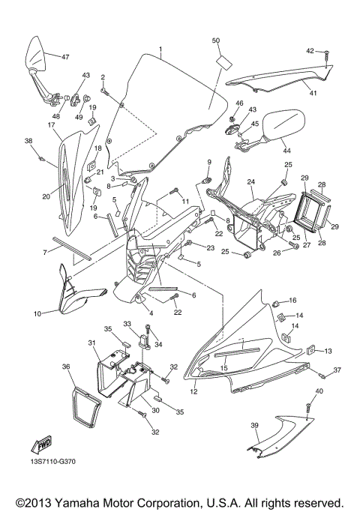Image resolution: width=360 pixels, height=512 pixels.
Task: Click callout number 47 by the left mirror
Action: [65, 57]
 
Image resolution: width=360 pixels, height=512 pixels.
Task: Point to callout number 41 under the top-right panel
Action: [313, 94]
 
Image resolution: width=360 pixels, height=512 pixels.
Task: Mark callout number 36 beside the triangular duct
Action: [66, 367]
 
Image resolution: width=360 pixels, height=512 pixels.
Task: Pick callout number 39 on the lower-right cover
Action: [255, 426]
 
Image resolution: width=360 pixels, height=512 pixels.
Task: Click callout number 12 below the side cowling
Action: [193, 391]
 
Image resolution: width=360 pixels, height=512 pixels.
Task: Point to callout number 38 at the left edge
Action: [28, 141]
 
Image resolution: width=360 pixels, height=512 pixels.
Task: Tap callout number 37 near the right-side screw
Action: [337, 370]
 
